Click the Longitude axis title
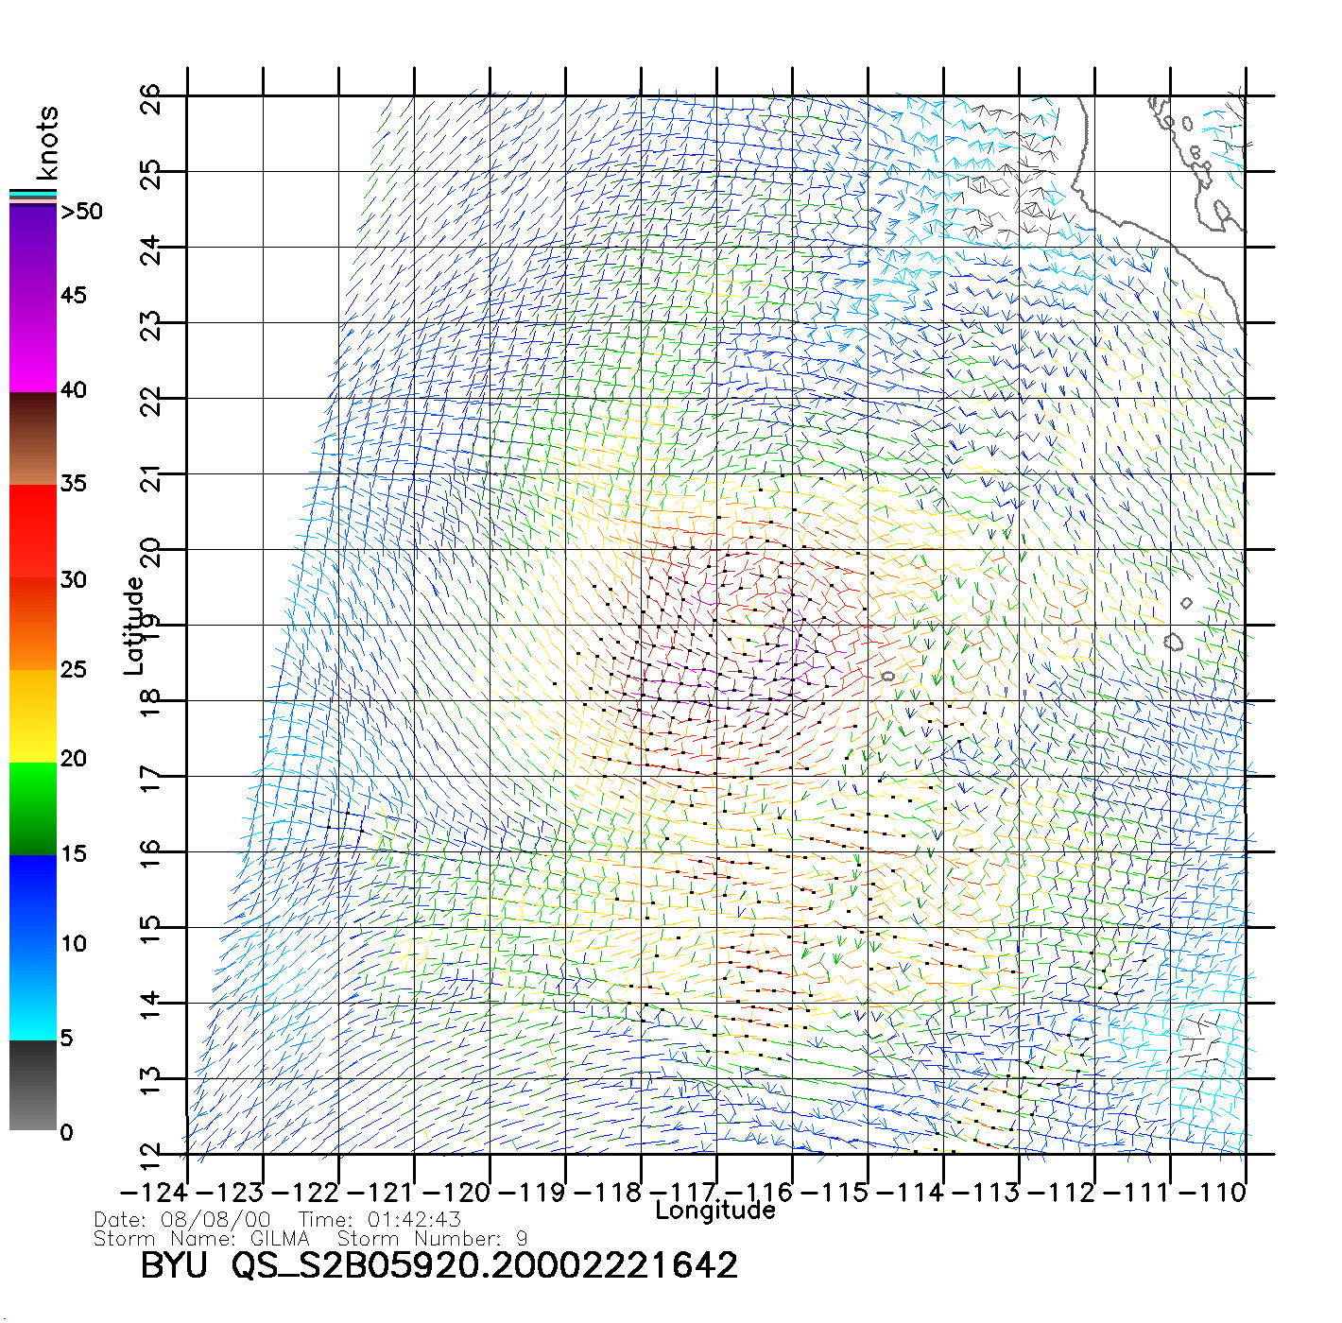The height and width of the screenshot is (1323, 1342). (715, 1211)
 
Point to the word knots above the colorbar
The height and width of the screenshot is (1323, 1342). (47, 143)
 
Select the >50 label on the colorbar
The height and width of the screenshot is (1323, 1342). (81, 212)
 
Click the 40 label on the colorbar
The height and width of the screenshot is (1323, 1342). (73, 389)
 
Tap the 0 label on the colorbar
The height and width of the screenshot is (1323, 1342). (66, 1132)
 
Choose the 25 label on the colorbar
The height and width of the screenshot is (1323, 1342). (73, 670)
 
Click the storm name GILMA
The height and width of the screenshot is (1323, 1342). (280, 1238)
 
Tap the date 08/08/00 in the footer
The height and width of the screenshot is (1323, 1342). (215, 1220)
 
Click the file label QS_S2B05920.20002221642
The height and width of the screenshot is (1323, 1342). (484, 1265)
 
